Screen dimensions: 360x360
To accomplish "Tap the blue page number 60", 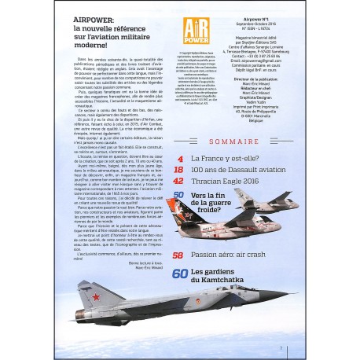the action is (179, 273).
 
